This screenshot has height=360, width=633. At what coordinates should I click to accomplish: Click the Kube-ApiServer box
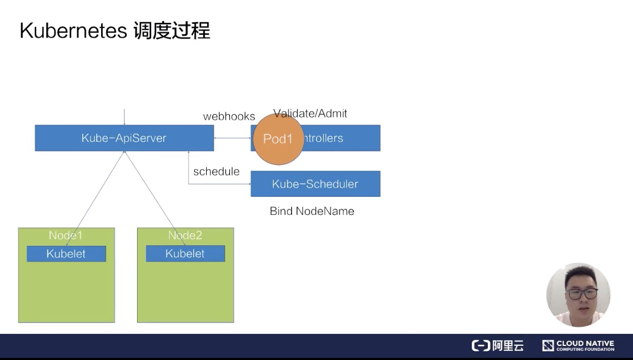(x=124, y=138)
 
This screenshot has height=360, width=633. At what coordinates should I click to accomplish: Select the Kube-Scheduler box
(x=315, y=184)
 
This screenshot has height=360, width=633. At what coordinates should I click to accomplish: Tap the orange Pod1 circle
(x=278, y=139)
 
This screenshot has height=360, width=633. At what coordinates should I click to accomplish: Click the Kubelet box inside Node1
(x=66, y=253)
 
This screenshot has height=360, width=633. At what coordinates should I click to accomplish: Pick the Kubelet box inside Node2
(x=185, y=253)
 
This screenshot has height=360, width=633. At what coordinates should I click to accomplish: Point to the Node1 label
(x=65, y=235)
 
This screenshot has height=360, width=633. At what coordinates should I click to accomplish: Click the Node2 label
(x=185, y=235)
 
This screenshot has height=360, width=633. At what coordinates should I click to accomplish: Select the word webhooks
(x=229, y=116)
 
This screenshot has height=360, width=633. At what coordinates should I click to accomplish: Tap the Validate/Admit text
(x=311, y=113)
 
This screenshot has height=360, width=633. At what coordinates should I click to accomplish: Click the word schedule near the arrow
(x=216, y=171)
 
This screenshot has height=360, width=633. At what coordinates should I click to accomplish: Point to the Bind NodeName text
(x=312, y=211)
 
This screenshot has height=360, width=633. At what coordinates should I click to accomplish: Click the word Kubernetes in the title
(x=72, y=31)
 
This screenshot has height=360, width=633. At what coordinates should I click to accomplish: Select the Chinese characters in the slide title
(x=171, y=31)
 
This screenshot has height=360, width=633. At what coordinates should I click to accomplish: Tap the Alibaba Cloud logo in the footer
(x=497, y=345)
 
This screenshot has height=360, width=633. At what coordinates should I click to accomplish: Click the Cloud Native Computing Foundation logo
(x=578, y=345)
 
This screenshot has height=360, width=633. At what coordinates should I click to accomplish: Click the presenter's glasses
(x=581, y=294)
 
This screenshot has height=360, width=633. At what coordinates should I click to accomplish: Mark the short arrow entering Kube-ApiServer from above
(x=125, y=116)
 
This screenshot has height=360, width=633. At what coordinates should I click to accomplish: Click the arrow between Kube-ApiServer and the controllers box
(x=232, y=138)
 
